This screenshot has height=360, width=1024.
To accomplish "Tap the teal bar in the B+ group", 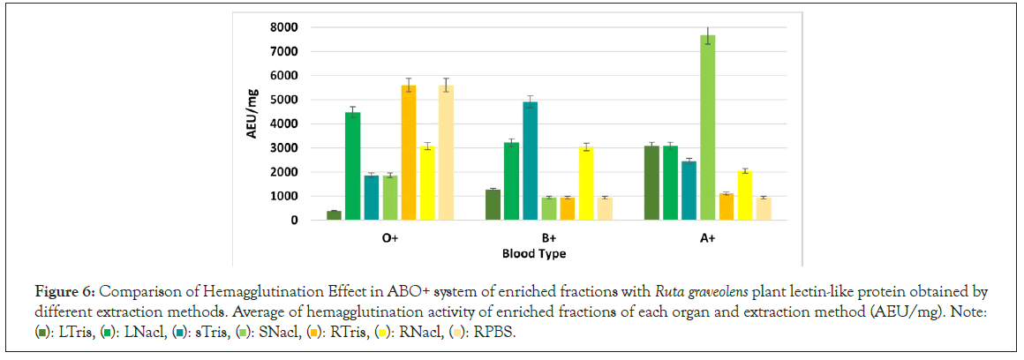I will click(x=531, y=161).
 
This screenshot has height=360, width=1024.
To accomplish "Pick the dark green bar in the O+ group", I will click(x=335, y=215).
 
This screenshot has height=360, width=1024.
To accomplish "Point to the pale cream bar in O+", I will click(x=446, y=153).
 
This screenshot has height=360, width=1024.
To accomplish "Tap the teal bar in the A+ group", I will click(x=689, y=191).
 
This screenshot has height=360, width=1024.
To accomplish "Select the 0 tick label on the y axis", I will click(x=293, y=221).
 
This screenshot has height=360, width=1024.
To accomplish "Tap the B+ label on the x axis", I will click(x=548, y=238).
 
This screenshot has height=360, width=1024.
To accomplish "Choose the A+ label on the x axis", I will click(x=707, y=238).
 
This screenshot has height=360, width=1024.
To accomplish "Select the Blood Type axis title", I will click(x=533, y=253).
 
